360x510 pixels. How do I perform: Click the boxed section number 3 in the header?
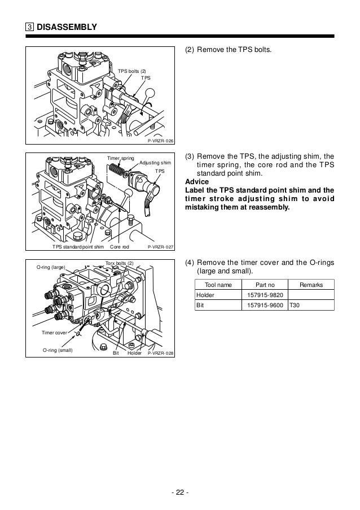[29, 27]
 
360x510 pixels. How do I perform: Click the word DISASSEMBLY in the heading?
[67, 27]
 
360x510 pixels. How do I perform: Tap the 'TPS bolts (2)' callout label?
[131, 71]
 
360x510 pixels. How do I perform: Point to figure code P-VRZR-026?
[160, 141]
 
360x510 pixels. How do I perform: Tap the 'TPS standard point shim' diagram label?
[78, 247]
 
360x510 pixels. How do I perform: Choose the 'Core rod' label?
[120, 247]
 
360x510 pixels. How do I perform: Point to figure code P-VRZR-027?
[160, 247]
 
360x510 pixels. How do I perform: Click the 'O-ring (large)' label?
[51, 267]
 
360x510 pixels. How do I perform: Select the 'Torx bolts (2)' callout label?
[120, 263]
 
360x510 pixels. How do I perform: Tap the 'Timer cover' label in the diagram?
[54, 333]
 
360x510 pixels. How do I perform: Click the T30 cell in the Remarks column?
[295, 306]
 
